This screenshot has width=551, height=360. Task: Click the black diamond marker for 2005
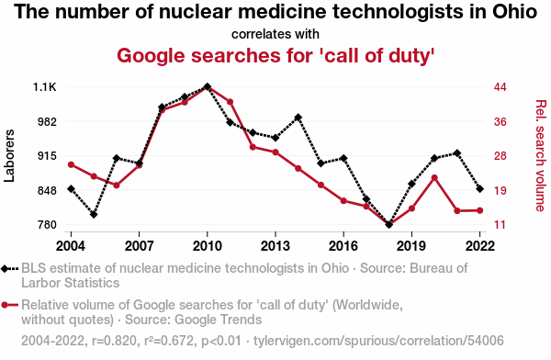coord(94,214)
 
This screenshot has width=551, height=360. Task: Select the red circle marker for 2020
coord(434,178)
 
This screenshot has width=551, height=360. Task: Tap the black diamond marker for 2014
coord(298,118)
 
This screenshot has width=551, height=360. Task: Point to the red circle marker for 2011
coord(231,102)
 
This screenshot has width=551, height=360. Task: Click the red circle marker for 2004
coord(71,165)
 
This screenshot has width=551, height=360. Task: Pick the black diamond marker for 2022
coord(479,189)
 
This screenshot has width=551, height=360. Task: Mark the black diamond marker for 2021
coord(457,153)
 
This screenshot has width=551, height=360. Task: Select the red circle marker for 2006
coord(117,186)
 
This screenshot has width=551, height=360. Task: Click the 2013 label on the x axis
coord(275,246)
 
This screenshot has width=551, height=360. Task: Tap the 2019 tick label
coord(411,246)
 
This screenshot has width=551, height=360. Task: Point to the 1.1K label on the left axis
coord(45,87)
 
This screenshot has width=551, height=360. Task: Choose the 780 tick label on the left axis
coord(47,225)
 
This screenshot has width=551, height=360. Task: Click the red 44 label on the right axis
coord(500,87)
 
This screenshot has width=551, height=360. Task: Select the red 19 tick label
coord(500,190)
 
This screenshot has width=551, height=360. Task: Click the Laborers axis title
coord(9,156)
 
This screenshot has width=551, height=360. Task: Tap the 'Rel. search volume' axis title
coord(541,156)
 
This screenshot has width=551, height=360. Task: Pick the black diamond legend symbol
coord(9,269)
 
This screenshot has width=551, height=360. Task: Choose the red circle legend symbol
coord(9,305)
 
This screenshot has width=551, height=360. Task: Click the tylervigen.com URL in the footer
coord(378,341)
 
